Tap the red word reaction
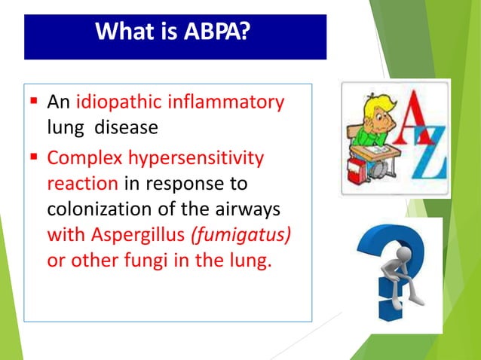[x=82, y=185]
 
